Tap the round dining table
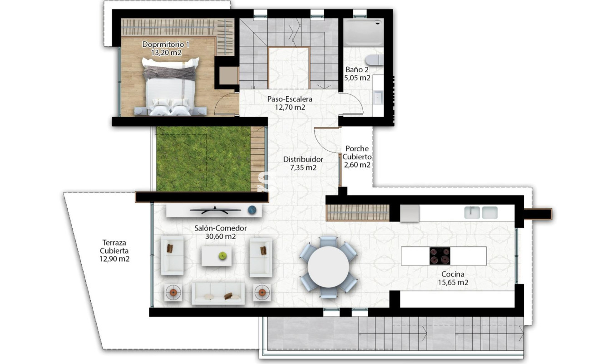click(x=328, y=267)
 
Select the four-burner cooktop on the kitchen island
click(x=440, y=256)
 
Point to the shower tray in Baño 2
click(x=363, y=32)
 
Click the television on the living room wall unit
click(x=215, y=210)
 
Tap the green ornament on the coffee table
click(x=222, y=256)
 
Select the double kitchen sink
click(x=481, y=212)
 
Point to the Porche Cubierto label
click(x=357, y=152)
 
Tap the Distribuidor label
click(x=303, y=159)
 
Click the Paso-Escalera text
click(x=290, y=98)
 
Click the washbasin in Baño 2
click(x=378, y=97)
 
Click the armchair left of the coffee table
click(x=172, y=255)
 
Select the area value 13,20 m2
click(x=166, y=52)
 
